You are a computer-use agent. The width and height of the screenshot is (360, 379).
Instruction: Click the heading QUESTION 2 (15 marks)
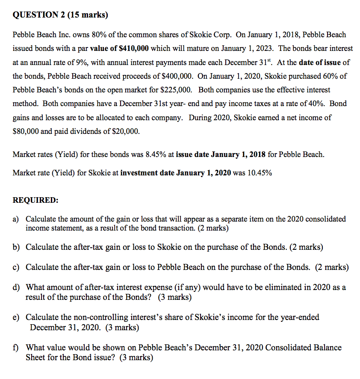pos(60,15)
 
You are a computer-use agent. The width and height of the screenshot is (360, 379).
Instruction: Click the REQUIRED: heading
pos(35,200)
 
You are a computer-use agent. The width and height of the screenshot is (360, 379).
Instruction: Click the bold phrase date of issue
pos(320,62)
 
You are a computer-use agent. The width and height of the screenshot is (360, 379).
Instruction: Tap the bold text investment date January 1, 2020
pos(176,173)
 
